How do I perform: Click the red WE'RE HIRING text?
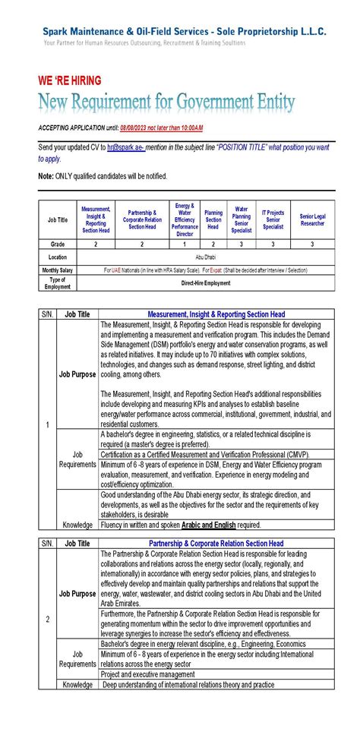(x=69, y=80)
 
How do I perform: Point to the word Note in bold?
(x=46, y=176)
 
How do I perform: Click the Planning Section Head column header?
(x=213, y=220)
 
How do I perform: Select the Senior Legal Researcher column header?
(x=311, y=220)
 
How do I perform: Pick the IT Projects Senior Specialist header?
(x=273, y=220)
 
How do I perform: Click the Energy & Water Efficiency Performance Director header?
(x=185, y=220)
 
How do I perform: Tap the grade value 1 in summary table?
(x=185, y=244)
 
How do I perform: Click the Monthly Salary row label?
(x=57, y=270)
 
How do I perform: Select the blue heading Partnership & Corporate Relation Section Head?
(x=216, y=544)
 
